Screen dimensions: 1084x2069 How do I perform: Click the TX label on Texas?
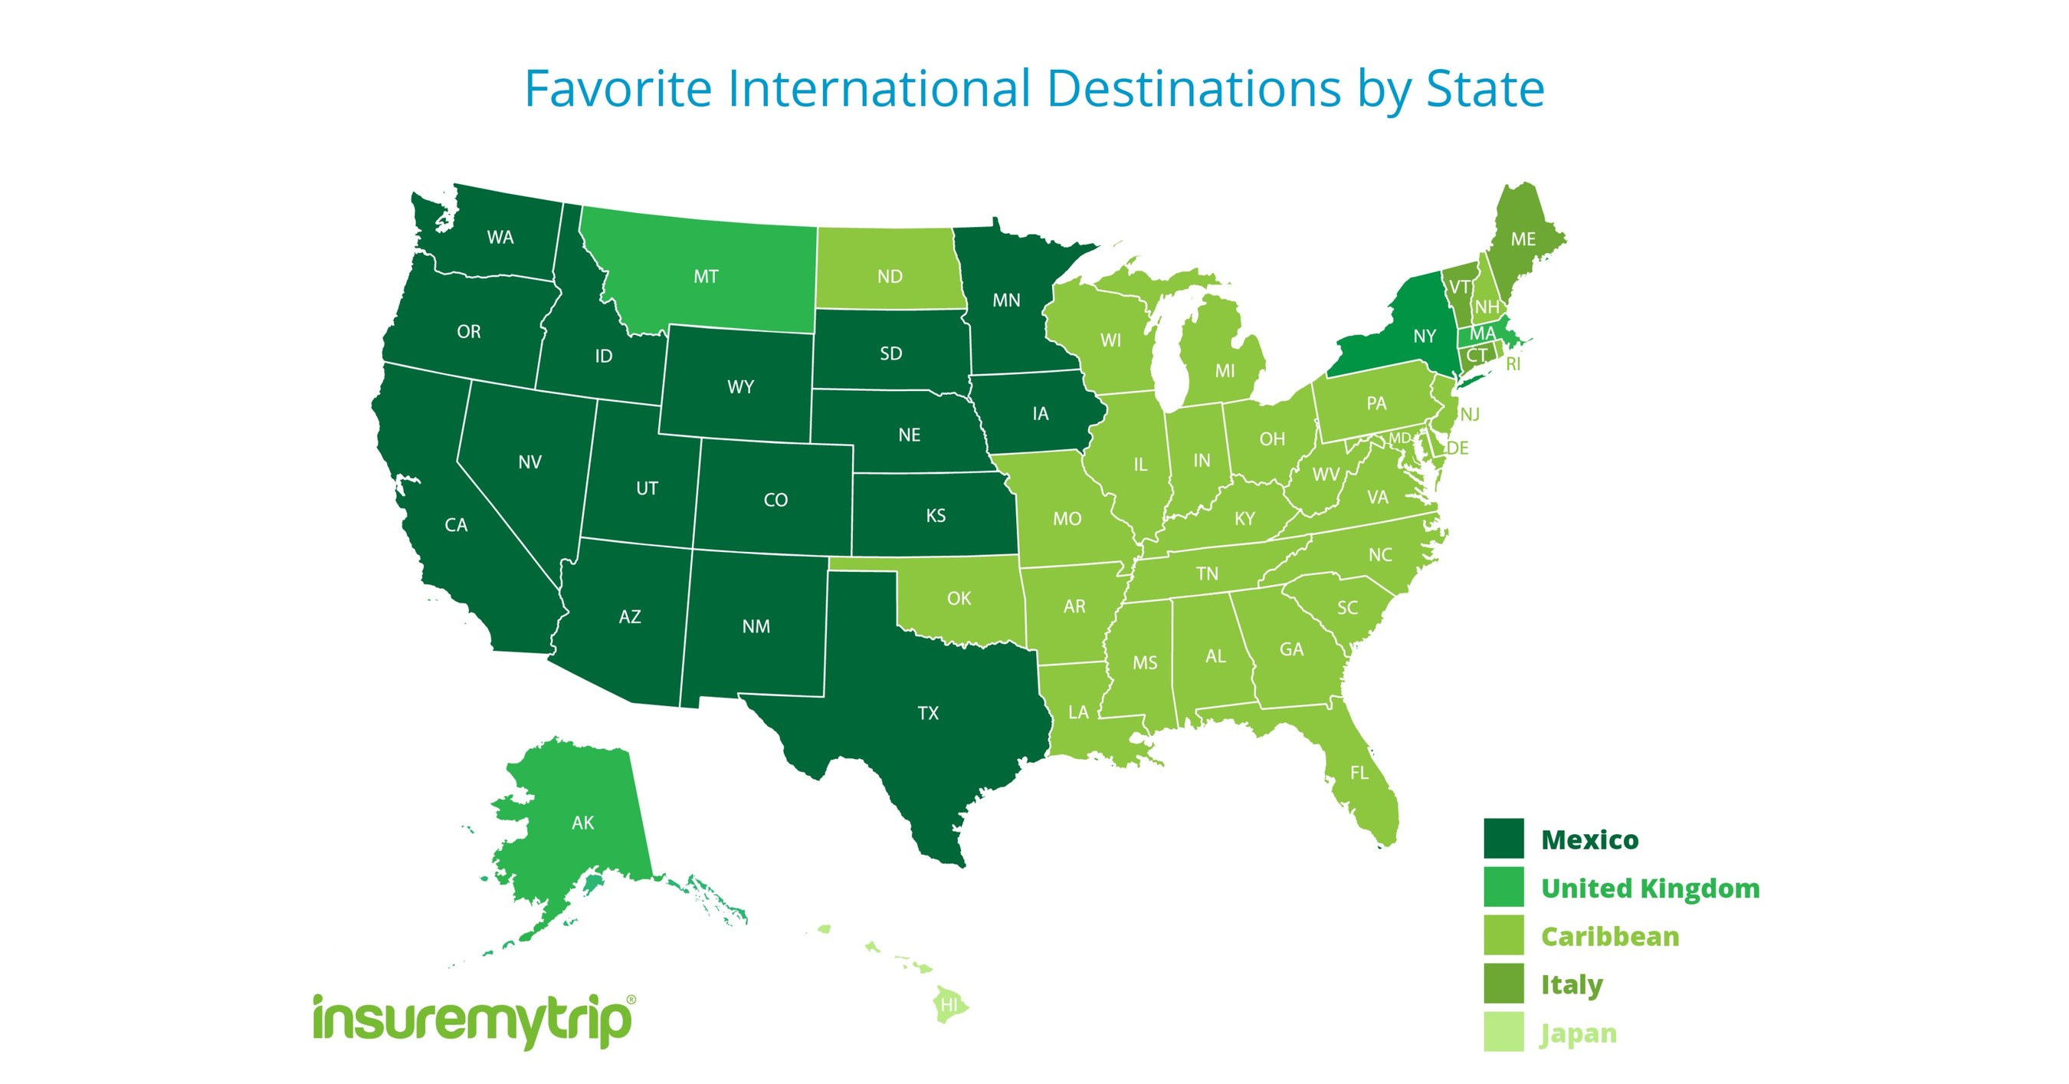click(928, 713)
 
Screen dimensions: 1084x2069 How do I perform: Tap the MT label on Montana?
click(705, 277)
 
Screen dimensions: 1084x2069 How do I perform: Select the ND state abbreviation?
click(889, 277)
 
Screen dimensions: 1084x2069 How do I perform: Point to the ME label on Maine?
click(1522, 238)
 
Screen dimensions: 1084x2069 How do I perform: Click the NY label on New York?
click(1424, 336)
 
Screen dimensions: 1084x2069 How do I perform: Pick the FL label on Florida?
click(1358, 772)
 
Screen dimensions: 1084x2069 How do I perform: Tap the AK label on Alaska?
click(582, 823)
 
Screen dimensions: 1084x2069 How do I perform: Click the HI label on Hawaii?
click(949, 1004)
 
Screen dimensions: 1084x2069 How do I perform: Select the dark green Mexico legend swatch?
click(1503, 839)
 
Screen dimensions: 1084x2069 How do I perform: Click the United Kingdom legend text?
click(1650, 888)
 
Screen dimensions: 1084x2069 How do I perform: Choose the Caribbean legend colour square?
click(1503, 935)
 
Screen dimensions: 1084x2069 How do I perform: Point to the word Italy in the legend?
click(1571, 984)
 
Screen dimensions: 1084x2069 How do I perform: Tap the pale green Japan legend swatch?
click(1503, 1032)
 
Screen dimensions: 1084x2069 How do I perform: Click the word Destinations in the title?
click(1195, 88)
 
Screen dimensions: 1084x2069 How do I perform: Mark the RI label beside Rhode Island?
click(1513, 364)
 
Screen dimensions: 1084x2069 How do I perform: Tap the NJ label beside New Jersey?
click(1469, 415)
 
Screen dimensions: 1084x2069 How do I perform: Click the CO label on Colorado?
click(775, 500)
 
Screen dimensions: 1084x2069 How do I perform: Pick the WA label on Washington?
click(500, 237)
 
